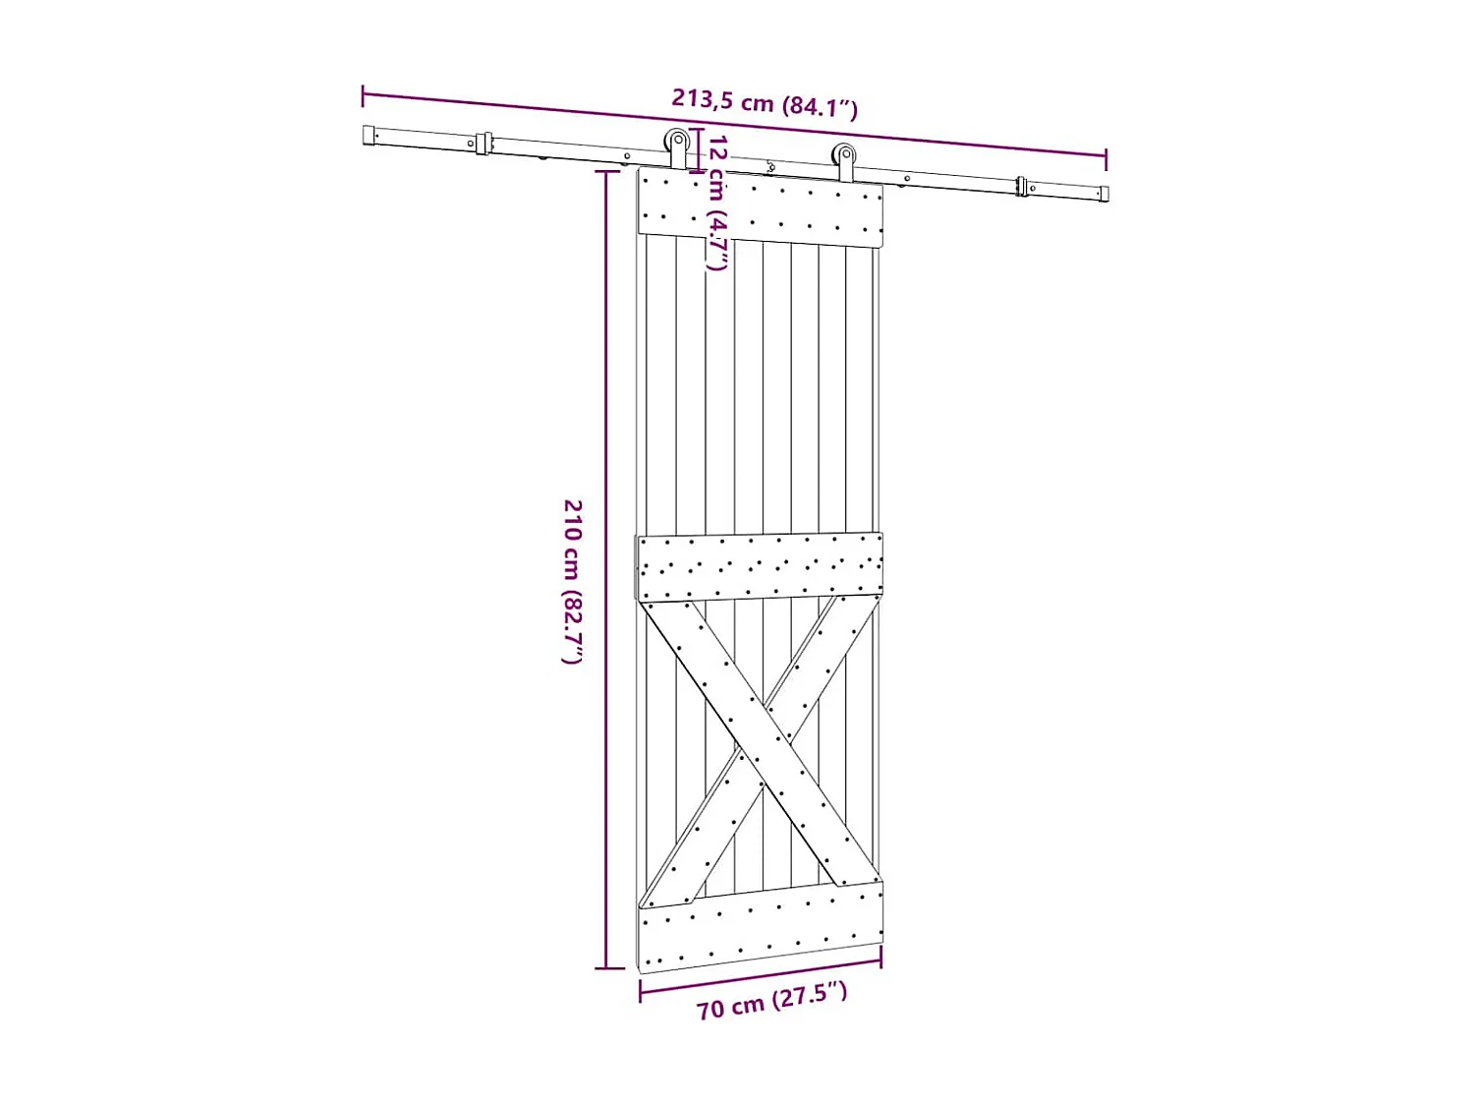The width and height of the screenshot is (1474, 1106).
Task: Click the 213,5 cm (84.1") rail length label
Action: (x=765, y=102)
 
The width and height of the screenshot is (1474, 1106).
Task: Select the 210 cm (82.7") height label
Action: (x=573, y=581)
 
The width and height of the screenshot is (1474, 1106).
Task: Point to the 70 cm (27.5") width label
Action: (x=771, y=1001)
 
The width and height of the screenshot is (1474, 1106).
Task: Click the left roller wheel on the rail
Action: (x=677, y=141)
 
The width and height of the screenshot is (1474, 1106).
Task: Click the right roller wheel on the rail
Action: (x=844, y=154)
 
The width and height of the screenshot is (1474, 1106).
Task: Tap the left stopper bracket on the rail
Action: (x=483, y=144)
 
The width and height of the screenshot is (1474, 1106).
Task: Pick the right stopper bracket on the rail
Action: (x=1022, y=186)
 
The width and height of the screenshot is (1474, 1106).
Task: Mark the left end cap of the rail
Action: (x=369, y=136)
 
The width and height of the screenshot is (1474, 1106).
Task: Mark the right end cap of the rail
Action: (x=1104, y=194)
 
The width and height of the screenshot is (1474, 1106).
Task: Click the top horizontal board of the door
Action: (x=760, y=207)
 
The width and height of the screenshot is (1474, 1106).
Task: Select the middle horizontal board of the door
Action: (x=760, y=567)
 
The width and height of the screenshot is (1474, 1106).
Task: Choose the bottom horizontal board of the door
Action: (x=760, y=926)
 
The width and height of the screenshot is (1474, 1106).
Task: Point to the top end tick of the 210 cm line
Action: (x=607, y=171)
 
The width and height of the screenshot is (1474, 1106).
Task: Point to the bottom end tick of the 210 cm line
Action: (x=607, y=968)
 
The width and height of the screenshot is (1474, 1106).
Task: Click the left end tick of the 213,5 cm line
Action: (x=364, y=95)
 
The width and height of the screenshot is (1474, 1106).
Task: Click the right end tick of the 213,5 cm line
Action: (x=1105, y=158)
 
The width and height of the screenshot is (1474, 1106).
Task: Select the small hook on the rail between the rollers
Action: (x=770, y=168)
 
